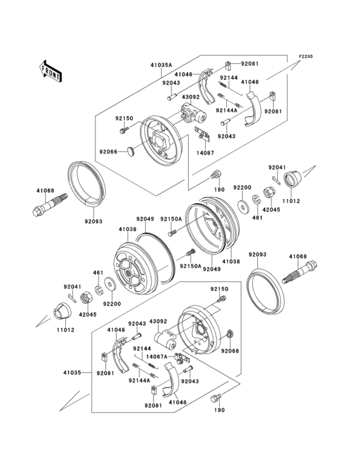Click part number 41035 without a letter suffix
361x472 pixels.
click(72, 373)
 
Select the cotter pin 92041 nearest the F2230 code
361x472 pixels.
click(274, 179)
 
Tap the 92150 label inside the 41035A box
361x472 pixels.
click(124, 119)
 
